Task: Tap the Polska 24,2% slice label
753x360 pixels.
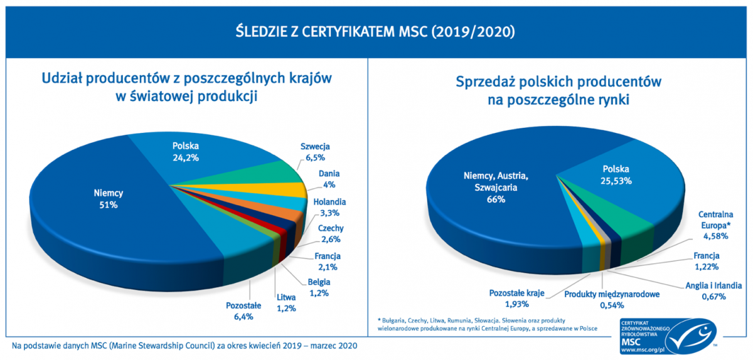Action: point(185,152)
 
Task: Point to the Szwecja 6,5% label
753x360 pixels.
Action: point(314,152)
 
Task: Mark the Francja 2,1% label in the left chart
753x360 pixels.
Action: point(327,262)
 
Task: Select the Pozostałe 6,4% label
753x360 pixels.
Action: point(243,312)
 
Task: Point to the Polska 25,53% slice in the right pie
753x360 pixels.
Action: point(616,174)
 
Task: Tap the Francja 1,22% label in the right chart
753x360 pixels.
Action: point(706,262)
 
